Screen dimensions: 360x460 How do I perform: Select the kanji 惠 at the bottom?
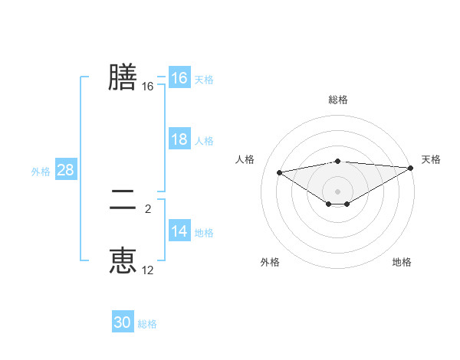pos(123,260)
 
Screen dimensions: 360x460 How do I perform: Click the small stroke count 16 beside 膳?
pos(148,87)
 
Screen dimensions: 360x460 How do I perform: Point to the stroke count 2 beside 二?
pos(148,208)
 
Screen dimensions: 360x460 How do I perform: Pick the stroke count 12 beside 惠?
pos(148,270)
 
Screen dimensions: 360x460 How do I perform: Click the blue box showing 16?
pos(179,78)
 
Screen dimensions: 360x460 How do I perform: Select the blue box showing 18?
pos(179,139)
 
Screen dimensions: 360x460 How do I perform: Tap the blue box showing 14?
pos(179,231)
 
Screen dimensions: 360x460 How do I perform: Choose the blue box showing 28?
pos(65,170)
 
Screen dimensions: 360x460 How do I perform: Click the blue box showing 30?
pos(123,322)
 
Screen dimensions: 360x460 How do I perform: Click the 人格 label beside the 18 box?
pos(204,141)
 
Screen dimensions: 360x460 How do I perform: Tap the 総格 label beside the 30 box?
pos(147,324)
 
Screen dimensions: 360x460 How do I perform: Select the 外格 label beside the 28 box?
pos(41,172)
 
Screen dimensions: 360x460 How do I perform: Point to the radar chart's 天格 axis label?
pos(431,159)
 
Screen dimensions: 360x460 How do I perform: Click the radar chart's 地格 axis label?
pos(402,262)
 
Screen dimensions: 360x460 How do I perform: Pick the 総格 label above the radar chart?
pos(338,100)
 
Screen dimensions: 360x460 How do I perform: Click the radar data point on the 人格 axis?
pos(279,172)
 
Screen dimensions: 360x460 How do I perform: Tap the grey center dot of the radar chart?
pos(338,191)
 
